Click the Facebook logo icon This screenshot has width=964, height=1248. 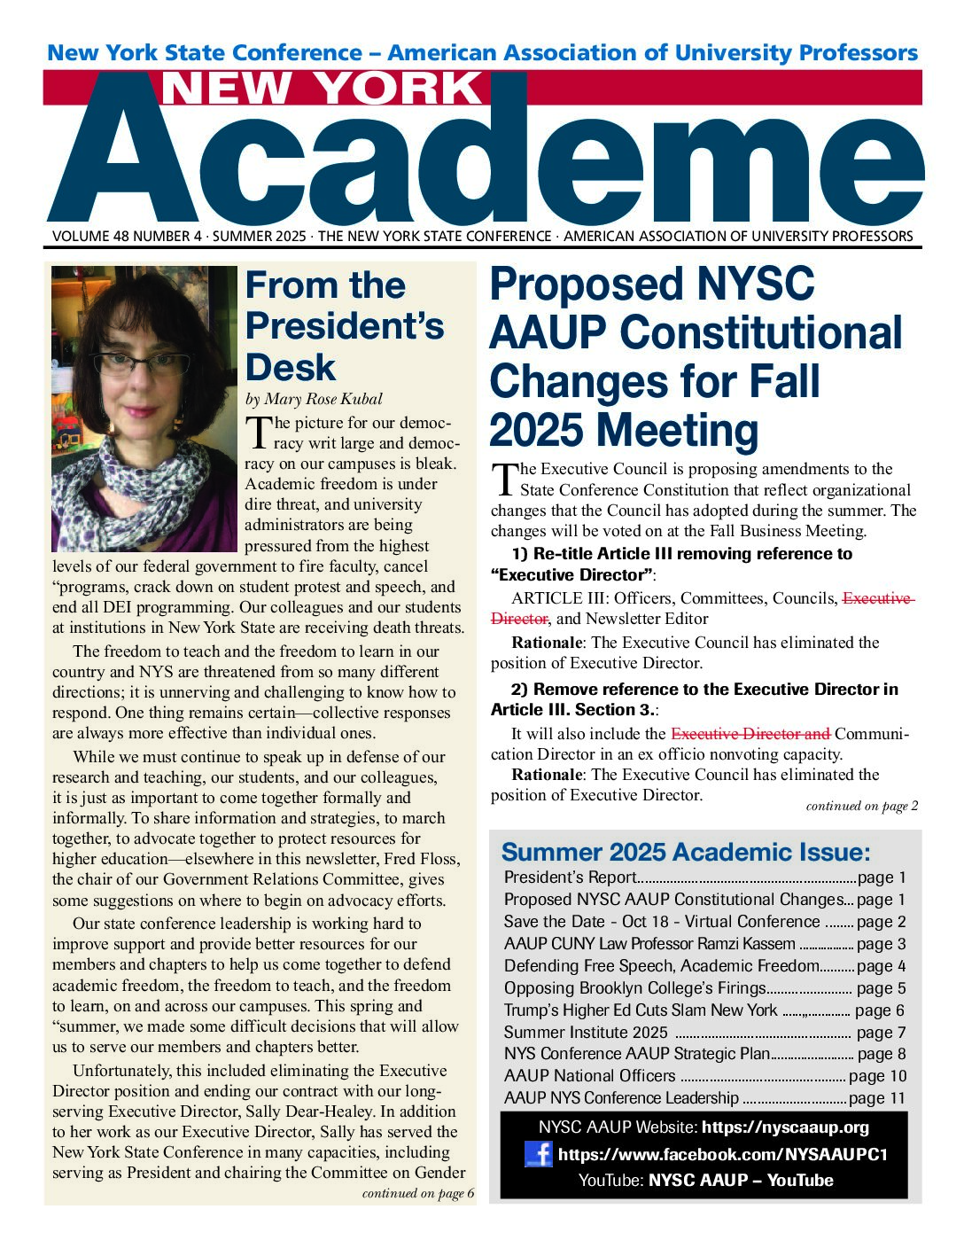(x=539, y=1153)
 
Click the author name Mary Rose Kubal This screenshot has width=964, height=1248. (x=326, y=398)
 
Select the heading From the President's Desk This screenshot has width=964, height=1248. (x=344, y=326)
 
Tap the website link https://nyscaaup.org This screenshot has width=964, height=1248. (x=785, y=1127)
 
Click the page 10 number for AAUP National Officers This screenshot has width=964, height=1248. (x=877, y=1076)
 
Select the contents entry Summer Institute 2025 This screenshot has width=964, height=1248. (x=586, y=1033)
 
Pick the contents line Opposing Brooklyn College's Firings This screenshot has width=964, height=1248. (x=634, y=988)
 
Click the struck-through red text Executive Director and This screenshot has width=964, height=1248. (x=750, y=734)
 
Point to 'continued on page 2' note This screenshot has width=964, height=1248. (x=861, y=807)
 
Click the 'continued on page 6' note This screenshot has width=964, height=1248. (x=418, y=1193)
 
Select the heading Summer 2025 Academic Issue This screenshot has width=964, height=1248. (x=686, y=853)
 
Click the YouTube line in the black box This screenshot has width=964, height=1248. (x=705, y=1180)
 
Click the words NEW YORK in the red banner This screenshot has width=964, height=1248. (x=323, y=89)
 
